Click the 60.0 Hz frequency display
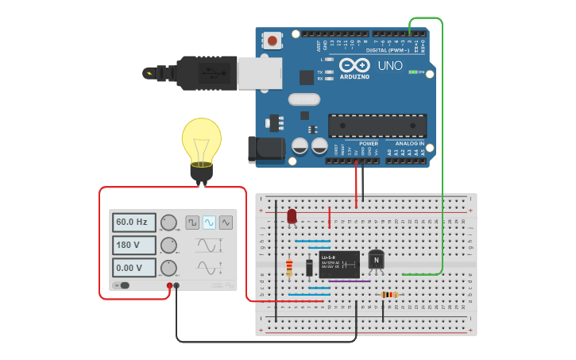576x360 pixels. click(x=133, y=223)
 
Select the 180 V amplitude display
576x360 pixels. click(x=133, y=246)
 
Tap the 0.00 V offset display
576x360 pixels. click(x=133, y=268)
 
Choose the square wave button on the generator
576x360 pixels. click(x=192, y=223)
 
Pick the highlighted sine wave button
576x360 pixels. click(x=209, y=223)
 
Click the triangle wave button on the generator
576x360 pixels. click(x=226, y=223)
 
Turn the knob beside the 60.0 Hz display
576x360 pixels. click(x=168, y=223)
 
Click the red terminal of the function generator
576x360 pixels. click(x=169, y=285)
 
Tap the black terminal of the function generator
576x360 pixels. click(x=176, y=285)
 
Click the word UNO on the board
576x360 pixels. click(x=389, y=65)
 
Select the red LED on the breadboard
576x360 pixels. click(x=292, y=215)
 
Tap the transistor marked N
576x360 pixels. click(x=376, y=260)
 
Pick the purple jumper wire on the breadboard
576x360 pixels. click(x=350, y=281)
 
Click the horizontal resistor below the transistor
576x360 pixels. click(x=389, y=295)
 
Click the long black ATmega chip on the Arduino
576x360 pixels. click(x=377, y=126)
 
